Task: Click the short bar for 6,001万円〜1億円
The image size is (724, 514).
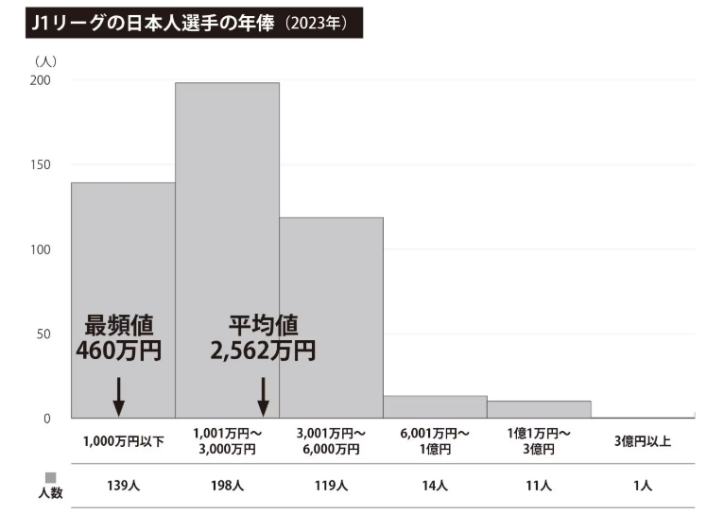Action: [x=435, y=407]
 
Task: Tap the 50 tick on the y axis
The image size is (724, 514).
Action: [x=43, y=334]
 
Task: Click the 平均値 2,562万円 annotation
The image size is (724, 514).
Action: [x=263, y=337]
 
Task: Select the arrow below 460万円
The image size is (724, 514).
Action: [x=119, y=396]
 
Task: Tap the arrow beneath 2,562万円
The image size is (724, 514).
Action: [x=264, y=396]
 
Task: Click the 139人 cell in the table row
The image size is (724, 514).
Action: [x=123, y=486]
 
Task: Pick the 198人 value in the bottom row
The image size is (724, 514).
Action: [x=227, y=486]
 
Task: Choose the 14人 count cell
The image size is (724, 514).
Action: [x=435, y=486]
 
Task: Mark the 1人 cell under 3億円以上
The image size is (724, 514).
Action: [x=643, y=486]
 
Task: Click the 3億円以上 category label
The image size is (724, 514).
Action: [x=643, y=441]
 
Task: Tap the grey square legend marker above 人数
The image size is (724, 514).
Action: [x=51, y=477]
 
